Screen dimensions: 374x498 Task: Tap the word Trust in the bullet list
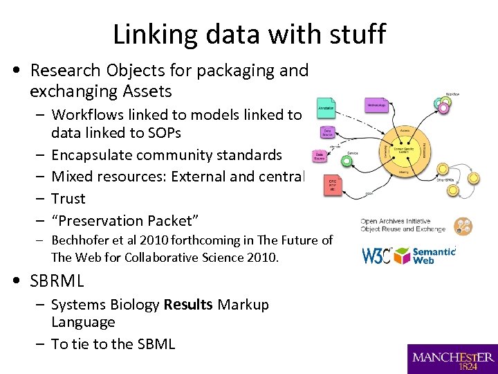point(68,199)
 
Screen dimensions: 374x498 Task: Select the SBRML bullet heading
point(57,280)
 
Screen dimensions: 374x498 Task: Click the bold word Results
point(189,305)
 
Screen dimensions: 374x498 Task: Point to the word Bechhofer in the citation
point(82,240)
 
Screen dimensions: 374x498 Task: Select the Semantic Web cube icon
point(401,255)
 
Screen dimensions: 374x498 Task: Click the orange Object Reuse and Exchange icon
point(463,226)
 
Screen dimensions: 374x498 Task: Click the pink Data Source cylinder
point(320,157)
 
